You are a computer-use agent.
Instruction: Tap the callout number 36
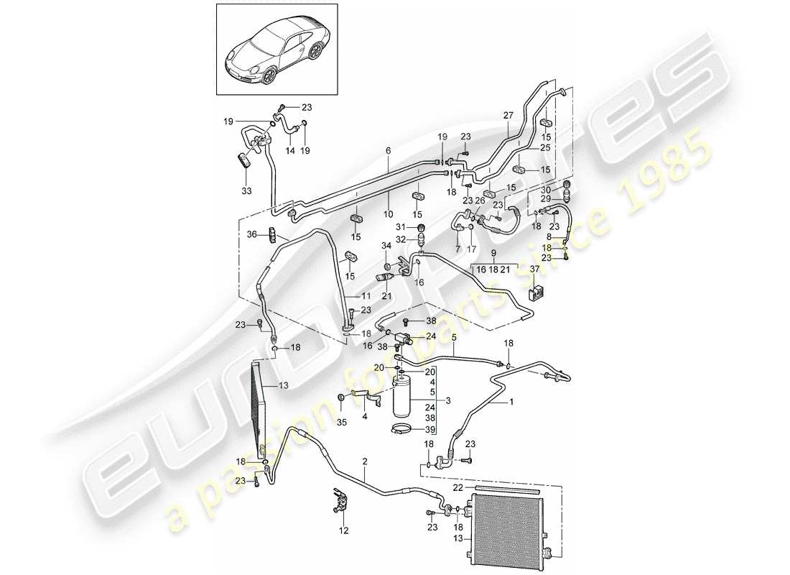pos(251,234)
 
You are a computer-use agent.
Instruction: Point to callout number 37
pos(534,270)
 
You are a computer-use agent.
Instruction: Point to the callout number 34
pos(386,246)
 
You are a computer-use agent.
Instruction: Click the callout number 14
pos(290,152)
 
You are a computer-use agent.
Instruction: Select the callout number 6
pos(388,151)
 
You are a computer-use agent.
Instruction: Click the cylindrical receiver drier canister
pos(403,395)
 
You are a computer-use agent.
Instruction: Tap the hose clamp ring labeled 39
pos(402,431)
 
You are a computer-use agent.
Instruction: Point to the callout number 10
pos(388,215)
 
